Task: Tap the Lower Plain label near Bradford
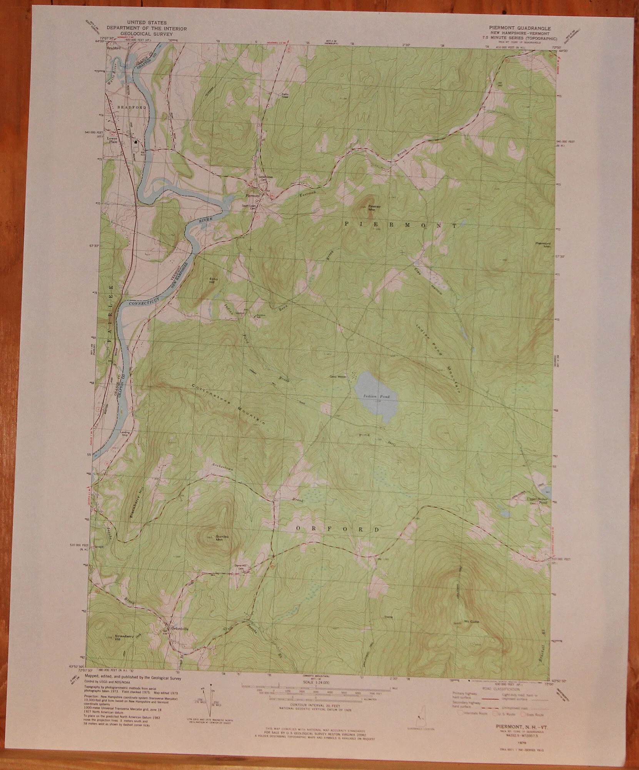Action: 112,139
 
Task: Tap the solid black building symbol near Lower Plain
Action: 136,142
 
